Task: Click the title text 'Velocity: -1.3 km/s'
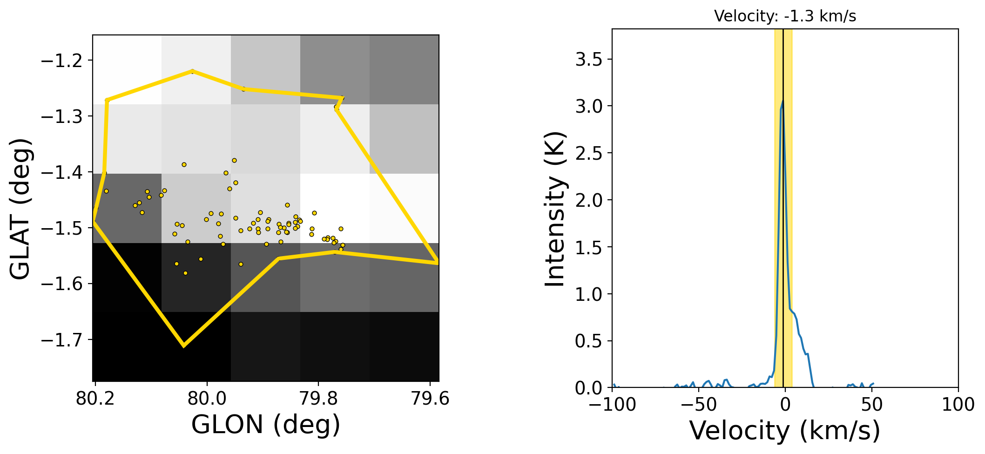(785, 16)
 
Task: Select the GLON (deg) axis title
(266, 425)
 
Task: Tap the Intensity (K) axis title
(555, 209)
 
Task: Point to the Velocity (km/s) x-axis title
(785, 431)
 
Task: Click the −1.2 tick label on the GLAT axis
(61, 61)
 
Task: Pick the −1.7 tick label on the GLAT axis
(61, 339)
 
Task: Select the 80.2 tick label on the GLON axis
(95, 399)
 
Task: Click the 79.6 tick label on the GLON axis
(430, 399)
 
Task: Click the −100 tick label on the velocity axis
(612, 405)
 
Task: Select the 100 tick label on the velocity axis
(958, 405)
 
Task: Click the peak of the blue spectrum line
(783, 101)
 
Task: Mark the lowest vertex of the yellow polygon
(183, 346)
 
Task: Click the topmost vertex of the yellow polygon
(192, 71)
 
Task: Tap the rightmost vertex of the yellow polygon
(438, 263)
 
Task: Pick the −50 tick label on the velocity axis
(698, 405)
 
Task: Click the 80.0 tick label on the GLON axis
(207, 399)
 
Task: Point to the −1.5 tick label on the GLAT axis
(61, 228)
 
